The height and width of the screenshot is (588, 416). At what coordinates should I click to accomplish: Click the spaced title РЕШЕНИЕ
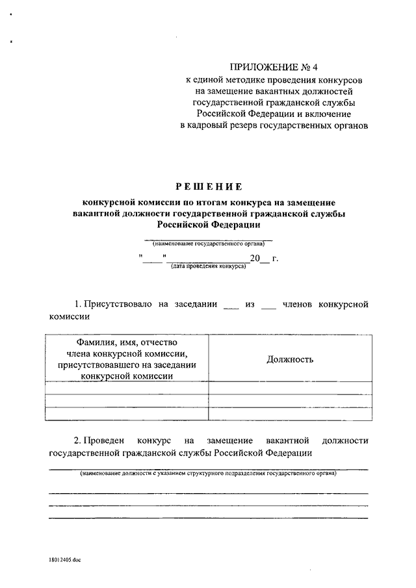tap(209, 186)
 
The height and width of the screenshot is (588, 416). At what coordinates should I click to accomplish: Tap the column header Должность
tap(290, 359)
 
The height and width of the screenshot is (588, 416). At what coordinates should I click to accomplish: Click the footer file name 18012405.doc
tap(64, 559)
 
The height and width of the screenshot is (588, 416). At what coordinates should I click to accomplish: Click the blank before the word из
tap(231, 305)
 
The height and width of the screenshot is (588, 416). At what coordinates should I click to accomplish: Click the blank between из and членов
tap(268, 305)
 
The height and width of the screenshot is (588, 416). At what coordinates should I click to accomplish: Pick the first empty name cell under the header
tap(127, 389)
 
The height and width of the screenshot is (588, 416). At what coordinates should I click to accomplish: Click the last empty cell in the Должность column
tap(290, 413)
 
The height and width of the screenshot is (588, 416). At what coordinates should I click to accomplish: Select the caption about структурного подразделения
tap(209, 474)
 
